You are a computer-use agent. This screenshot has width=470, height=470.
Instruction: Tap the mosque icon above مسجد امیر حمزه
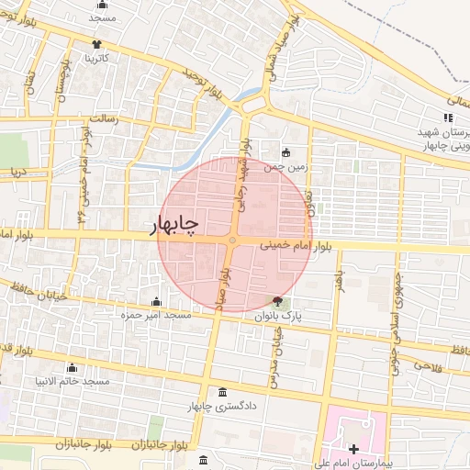(x=156, y=302)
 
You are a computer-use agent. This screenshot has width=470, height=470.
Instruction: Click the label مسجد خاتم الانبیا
(x=72, y=381)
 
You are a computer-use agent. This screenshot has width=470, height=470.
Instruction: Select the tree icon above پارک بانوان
(x=278, y=301)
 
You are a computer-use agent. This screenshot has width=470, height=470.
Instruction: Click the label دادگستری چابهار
(x=223, y=406)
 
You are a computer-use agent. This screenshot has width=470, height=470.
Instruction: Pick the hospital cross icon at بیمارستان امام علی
(x=353, y=449)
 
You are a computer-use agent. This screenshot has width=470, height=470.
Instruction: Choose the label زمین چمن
(x=283, y=167)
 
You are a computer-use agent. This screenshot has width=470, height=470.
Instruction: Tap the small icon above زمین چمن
(x=286, y=152)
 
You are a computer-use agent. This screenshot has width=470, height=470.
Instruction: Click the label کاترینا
(x=96, y=58)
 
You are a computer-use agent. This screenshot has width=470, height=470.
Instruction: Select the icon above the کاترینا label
(x=96, y=44)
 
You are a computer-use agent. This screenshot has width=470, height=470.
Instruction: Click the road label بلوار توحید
(x=203, y=82)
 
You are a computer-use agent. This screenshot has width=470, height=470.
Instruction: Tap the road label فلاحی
(x=428, y=365)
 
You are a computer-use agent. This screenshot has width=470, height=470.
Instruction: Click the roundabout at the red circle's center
(x=233, y=241)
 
